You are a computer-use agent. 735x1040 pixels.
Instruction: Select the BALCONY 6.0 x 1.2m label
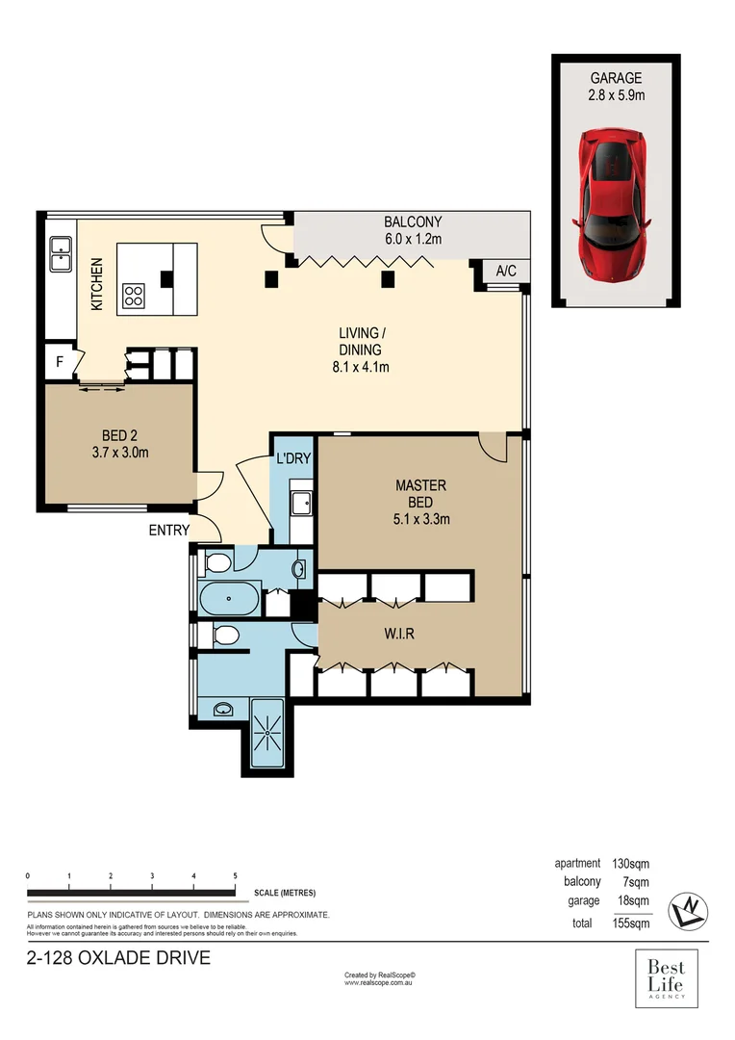pyautogui.click(x=412, y=230)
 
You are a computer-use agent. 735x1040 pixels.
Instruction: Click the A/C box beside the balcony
pyautogui.click(x=506, y=272)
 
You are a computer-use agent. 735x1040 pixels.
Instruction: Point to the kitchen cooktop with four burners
pyautogui.click(x=134, y=296)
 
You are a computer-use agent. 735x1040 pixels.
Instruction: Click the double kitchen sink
pyautogui.click(x=61, y=255)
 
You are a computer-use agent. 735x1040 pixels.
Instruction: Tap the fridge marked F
pyautogui.click(x=59, y=362)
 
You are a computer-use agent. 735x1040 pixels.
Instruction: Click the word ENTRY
pyautogui.click(x=168, y=530)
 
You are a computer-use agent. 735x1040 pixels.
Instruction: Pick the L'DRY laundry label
pyautogui.click(x=293, y=458)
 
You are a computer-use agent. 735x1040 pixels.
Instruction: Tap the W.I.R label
pyautogui.click(x=395, y=635)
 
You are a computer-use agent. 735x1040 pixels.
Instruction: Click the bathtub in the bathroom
pyautogui.click(x=230, y=599)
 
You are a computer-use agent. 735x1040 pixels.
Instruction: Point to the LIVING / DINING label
pyautogui.click(x=360, y=350)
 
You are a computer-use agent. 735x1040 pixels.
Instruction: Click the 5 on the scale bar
pyautogui.click(x=236, y=875)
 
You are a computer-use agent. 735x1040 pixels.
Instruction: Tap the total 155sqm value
pyautogui.click(x=632, y=923)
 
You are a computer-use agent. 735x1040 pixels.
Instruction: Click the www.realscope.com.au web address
pyautogui.click(x=379, y=983)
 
